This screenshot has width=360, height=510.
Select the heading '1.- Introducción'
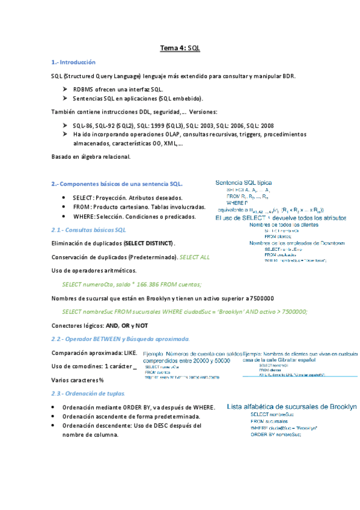click(x=74, y=62)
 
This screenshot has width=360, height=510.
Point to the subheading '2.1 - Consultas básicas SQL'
click(x=89, y=230)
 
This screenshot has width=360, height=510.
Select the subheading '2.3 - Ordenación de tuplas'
click(x=88, y=393)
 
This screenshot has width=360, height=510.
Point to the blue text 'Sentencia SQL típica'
click(x=243, y=182)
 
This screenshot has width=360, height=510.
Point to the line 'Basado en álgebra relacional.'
click(x=91, y=157)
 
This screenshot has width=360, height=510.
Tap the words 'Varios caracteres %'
click(x=78, y=380)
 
